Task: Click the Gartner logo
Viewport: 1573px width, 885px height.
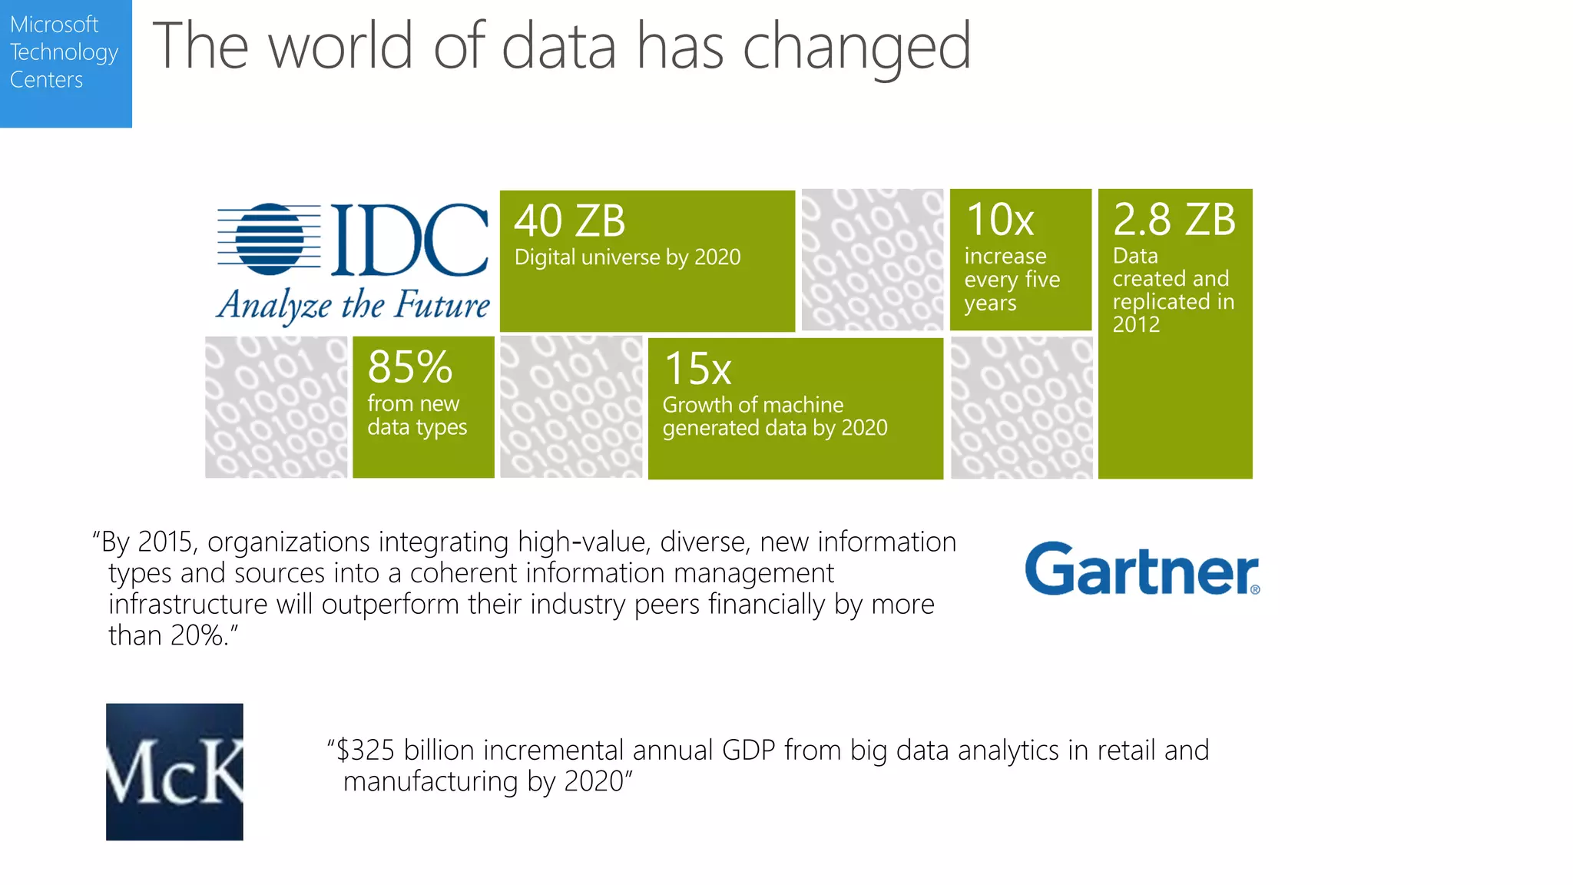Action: pyautogui.click(x=1142, y=569)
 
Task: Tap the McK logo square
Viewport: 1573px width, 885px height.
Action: pyautogui.click(x=174, y=771)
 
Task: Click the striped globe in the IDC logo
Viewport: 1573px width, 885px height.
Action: pyautogui.click(x=269, y=239)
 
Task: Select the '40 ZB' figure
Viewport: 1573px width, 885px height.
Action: pyautogui.click(x=569, y=221)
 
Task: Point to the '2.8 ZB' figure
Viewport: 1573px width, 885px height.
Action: pyautogui.click(x=1174, y=220)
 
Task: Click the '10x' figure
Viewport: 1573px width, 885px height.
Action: pyautogui.click(x=999, y=220)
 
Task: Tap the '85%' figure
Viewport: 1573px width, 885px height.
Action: pyautogui.click(x=409, y=367)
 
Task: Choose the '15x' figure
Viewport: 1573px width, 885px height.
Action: pyautogui.click(x=697, y=369)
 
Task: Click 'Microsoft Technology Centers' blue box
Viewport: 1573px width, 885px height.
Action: pyautogui.click(x=65, y=63)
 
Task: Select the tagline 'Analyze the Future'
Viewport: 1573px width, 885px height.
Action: pyautogui.click(x=353, y=305)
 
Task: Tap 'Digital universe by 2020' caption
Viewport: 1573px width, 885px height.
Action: pyautogui.click(x=627, y=257)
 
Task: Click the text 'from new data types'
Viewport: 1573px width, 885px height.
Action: pyautogui.click(x=416, y=415)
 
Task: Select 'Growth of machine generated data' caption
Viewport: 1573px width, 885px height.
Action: pyautogui.click(x=774, y=416)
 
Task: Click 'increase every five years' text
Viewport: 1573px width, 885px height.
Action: pyautogui.click(x=1011, y=279)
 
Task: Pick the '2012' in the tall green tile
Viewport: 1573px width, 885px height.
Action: pyautogui.click(x=1136, y=325)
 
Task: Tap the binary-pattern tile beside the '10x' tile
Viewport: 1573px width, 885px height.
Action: pyautogui.click(x=872, y=260)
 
